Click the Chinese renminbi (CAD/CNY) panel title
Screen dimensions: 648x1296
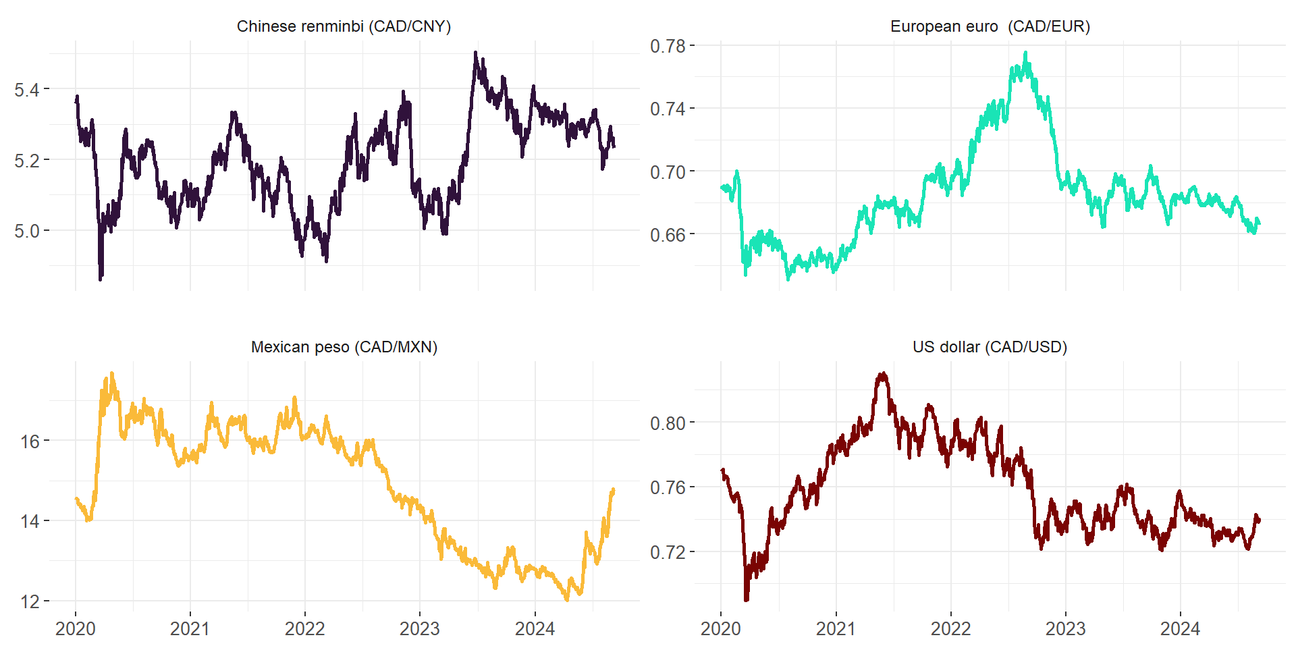point(344,26)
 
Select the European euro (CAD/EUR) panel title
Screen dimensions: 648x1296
point(990,26)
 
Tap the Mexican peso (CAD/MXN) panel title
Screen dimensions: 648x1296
point(344,347)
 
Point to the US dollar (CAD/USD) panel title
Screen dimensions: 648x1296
point(990,347)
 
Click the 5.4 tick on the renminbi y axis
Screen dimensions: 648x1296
point(27,89)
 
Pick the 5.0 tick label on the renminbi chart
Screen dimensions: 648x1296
point(27,231)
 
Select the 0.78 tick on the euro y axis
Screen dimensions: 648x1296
point(668,46)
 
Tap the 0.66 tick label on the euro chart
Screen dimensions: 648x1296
point(668,235)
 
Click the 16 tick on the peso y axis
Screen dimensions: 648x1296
point(30,441)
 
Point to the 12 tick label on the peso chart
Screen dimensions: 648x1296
point(30,601)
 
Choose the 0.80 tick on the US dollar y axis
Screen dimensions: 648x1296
point(668,423)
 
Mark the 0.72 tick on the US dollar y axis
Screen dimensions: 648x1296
point(668,552)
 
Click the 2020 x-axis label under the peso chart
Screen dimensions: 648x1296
point(75,629)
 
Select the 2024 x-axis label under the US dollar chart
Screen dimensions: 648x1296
point(1180,629)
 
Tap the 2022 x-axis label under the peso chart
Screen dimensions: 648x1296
point(304,629)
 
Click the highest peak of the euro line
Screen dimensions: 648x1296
point(1025,53)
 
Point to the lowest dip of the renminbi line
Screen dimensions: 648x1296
point(101,278)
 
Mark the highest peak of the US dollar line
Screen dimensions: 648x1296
point(882,373)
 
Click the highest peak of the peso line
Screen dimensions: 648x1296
point(111,373)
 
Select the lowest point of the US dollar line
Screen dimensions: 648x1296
point(746,599)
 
